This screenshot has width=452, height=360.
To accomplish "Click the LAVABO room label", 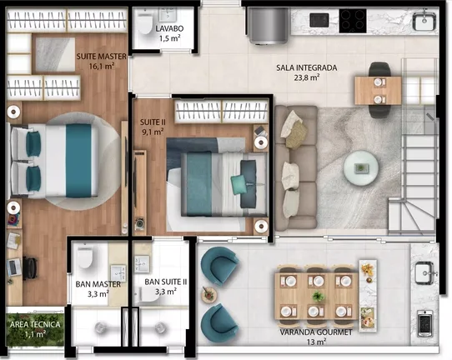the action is tap(169, 28).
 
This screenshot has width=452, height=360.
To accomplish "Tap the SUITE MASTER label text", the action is tap(102, 57).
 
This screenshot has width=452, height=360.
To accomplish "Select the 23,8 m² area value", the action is tap(307, 77).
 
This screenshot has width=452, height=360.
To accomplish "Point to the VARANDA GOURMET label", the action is tap(316, 332).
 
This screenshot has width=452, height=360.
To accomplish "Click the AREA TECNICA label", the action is tap(35, 324).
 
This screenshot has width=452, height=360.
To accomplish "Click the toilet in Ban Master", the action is tap(85, 257).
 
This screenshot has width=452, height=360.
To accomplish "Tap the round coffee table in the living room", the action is tap(360, 167).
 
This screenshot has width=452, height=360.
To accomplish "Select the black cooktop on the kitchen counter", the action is tap(353, 21).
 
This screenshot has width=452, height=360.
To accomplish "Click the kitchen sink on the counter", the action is tap(424, 20).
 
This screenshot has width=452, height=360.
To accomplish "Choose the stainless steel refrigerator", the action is tap(268, 26).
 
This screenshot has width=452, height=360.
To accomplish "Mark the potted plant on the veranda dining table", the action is tap(318, 296).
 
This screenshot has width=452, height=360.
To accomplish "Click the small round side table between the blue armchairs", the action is tap(209, 294).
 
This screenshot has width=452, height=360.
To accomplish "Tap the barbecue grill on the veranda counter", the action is tap(424, 323).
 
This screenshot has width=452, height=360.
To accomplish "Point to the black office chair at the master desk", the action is tap(30, 268).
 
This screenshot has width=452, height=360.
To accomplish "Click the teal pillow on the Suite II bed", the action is tap(239, 185).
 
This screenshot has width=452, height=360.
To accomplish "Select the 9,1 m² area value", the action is tap(153, 132).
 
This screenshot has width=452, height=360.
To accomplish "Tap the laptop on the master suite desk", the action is tap(14, 267).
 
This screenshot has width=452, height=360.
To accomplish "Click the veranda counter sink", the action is tap(424, 272).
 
